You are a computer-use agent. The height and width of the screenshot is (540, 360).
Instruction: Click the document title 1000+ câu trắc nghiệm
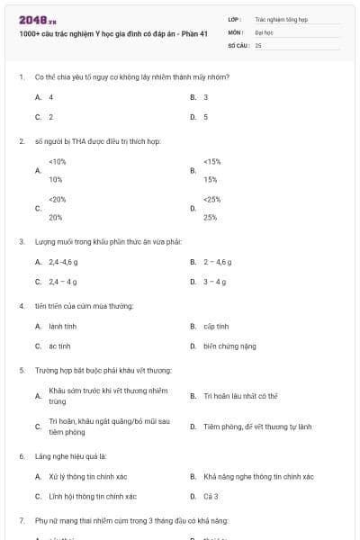pyautogui.click(x=113, y=33)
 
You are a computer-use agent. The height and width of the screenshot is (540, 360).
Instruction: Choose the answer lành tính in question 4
pyautogui.click(x=62, y=326)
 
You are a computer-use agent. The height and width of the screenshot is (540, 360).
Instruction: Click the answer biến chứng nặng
pyautogui.click(x=229, y=346)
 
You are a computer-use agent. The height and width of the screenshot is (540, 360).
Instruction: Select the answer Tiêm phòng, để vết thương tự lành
pyautogui.click(x=256, y=426)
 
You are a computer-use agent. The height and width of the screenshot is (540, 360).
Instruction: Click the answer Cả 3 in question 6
pyautogui.click(x=211, y=496)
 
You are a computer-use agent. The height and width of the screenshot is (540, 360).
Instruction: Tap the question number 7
pyautogui.click(x=21, y=520)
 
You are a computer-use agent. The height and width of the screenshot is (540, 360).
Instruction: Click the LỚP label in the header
pyautogui.click(x=233, y=18)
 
